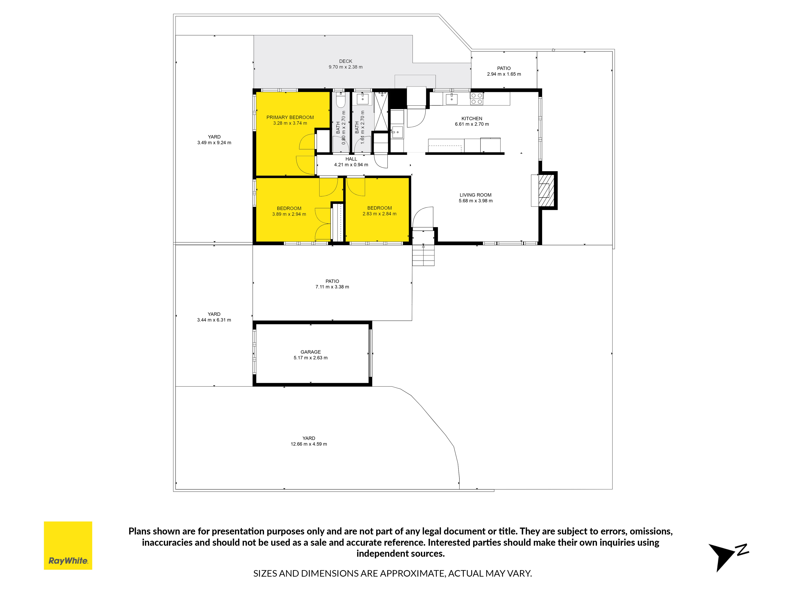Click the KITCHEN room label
[x=472, y=119]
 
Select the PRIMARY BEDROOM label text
[x=290, y=117]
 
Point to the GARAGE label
[x=311, y=352]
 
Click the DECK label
[x=346, y=61]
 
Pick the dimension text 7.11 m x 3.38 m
[x=332, y=287]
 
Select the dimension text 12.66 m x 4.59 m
[x=309, y=444]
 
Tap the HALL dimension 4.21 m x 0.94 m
[x=351, y=165]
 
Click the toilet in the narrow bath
[x=341, y=100]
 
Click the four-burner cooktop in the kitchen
[x=477, y=99]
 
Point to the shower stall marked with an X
[x=381, y=111]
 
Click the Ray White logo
[x=68, y=545]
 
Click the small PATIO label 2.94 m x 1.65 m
[x=504, y=71]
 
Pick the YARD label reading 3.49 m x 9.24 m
[x=214, y=140]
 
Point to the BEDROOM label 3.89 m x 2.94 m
[x=289, y=211]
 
